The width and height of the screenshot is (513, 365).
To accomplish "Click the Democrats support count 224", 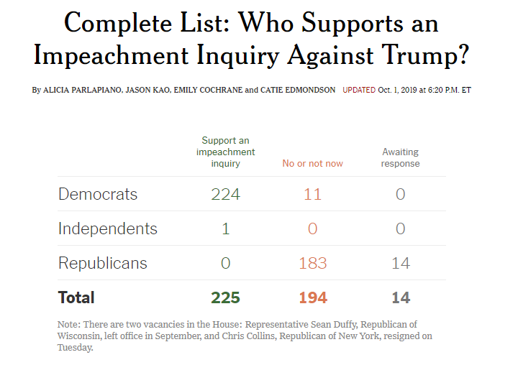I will (x=225, y=194).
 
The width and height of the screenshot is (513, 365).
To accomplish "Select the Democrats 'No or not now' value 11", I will (x=312, y=194).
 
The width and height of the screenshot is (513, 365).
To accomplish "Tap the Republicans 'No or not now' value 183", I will (x=312, y=263).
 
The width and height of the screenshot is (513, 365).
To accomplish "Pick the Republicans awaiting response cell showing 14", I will (x=400, y=263).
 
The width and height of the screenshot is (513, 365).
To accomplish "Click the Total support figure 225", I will (x=225, y=297).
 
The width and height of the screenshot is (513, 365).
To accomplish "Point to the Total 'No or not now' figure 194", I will (x=312, y=297).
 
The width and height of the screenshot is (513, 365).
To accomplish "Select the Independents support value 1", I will (x=225, y=228).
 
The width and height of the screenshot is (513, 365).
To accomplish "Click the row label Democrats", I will (x=97, y=194).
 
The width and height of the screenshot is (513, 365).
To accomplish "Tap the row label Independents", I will (x=107, y=228).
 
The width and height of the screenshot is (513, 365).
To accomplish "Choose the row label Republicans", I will (x=102, y=263).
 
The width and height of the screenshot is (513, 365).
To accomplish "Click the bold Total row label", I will (x=76, y=297).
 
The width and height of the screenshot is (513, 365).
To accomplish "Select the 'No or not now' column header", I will (x=312, y=164).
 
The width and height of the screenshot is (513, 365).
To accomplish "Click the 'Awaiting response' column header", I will (x=400, y=158).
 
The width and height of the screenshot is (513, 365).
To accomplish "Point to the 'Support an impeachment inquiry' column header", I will (x=225, y=152).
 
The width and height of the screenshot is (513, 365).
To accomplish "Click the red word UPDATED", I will (x=358, y=91).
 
